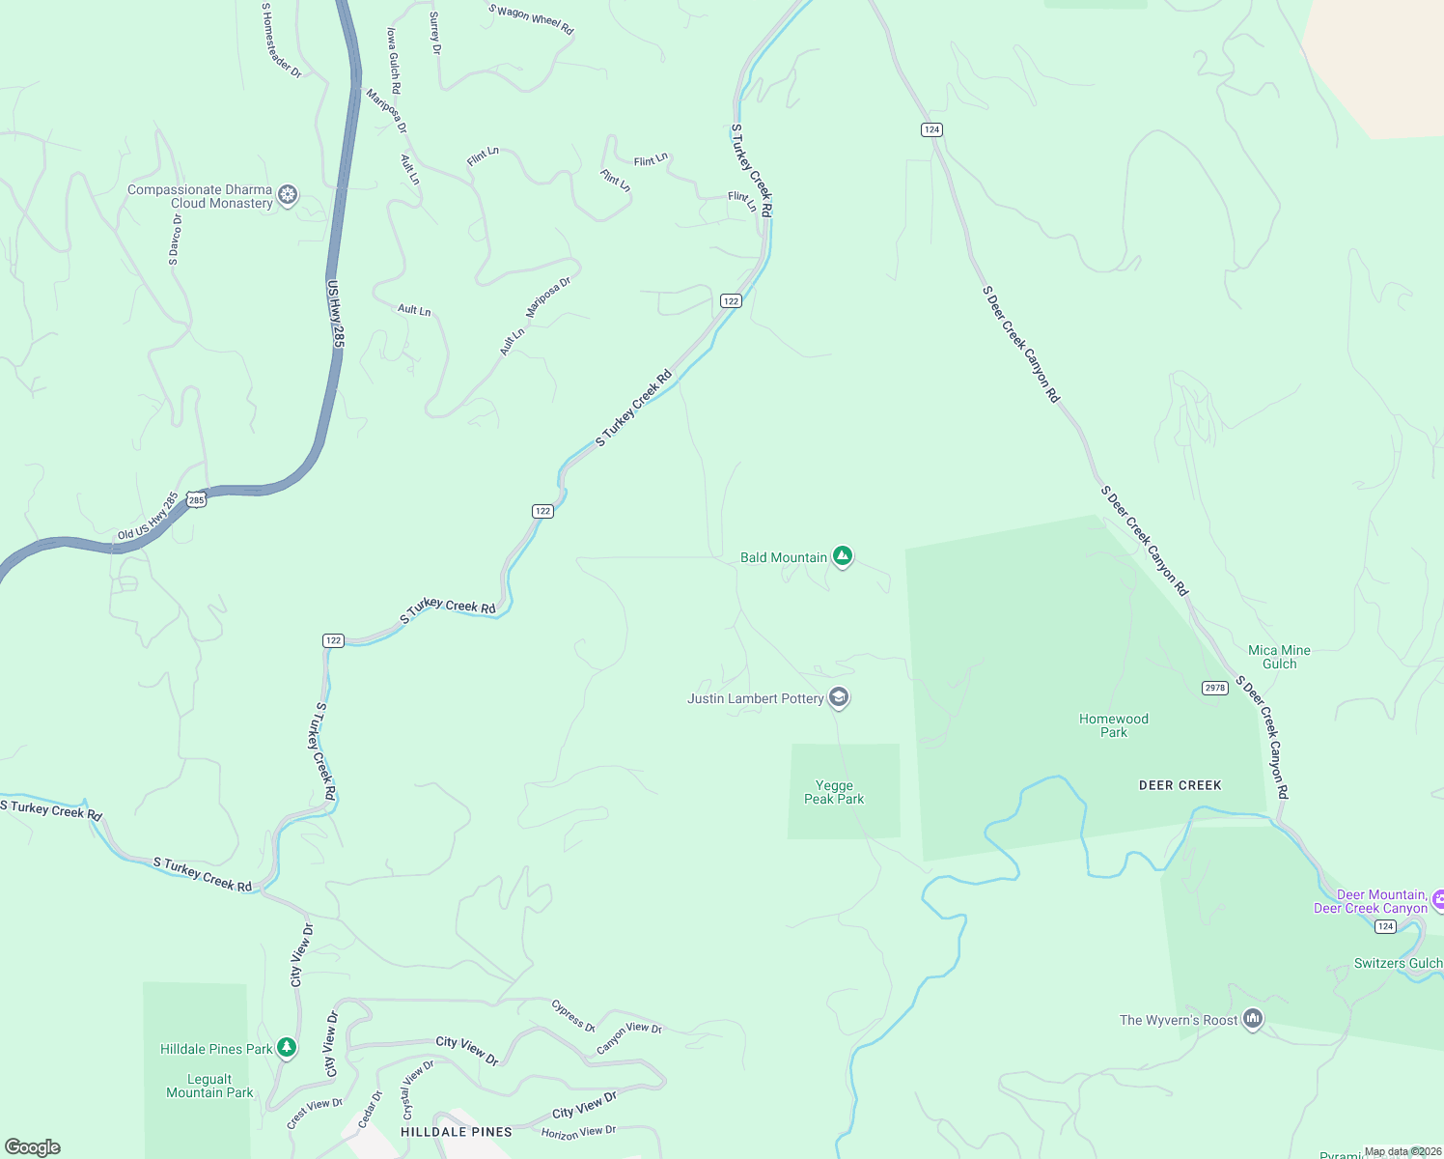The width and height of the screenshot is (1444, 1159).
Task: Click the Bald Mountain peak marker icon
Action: [x=843, y=556]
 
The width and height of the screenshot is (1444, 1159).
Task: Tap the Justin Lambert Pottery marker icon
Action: [x=839, y=697]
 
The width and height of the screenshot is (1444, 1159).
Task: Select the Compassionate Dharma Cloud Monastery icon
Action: [x=288, y=195]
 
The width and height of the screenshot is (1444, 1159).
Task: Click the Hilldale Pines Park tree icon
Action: [x=286, y=1048]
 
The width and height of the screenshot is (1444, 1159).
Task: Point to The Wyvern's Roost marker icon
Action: [x=1253, y=1019]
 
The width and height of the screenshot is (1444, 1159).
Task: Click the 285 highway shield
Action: [x=197, y=499]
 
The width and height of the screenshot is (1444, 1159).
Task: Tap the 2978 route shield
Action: [x=1214, y=688]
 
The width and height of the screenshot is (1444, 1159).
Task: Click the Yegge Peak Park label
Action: [x=834, y=792]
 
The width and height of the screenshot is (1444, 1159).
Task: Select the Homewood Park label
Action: [x=1114, y=725]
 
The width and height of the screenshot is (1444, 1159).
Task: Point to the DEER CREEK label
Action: [x=1180, y=785]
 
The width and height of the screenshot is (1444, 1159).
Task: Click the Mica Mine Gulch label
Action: [x=1279, y=657]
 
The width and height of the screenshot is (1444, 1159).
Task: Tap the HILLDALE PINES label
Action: [x=457, y=1131]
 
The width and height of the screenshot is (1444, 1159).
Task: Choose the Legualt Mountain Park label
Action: [x=209, y=1086]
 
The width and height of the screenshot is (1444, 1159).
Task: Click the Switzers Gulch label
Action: [x=1398, y=963]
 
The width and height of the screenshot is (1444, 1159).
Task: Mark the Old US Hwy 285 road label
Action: [x=148, y=517]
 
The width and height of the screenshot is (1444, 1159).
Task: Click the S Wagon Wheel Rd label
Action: [x=531, y=19]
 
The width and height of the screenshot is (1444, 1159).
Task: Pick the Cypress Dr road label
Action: [x=573, y=1016]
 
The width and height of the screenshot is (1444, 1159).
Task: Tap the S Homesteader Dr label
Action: [x=282, y=40]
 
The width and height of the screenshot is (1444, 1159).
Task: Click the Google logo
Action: [x=33, y=1147]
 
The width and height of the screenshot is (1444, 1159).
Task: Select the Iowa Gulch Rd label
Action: [x=394, y=60]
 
